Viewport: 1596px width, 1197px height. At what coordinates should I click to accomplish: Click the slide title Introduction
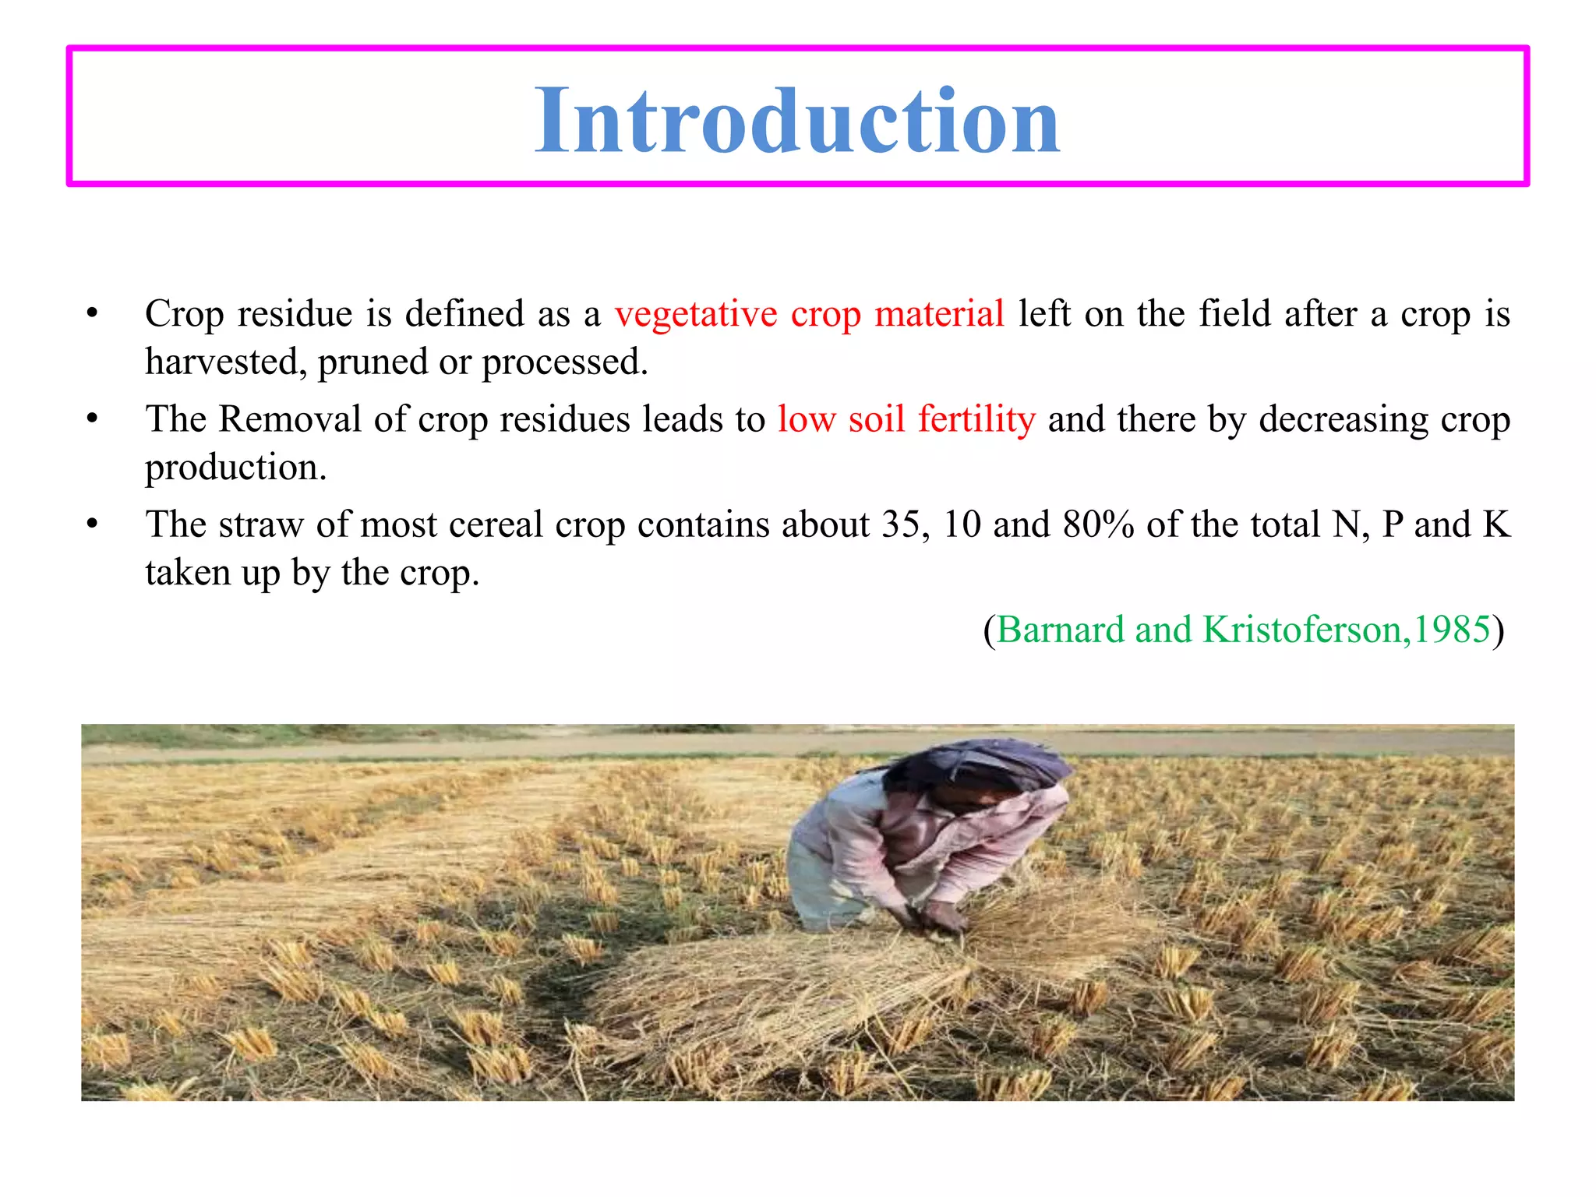tap(797, 121)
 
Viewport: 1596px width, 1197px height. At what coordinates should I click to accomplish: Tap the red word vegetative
tap(695, 314)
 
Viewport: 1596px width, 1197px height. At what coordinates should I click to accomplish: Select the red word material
tap(939, 314)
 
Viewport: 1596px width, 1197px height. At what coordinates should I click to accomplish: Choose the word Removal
tap(289, 419)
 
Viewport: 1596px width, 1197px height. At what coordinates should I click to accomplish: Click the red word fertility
tap(976, 419)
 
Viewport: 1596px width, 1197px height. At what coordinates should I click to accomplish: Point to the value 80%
tap(1098, 524)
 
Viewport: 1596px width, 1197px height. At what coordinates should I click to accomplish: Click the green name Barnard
tap(1060, 630)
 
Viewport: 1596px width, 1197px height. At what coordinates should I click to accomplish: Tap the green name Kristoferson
tap(1305, 630)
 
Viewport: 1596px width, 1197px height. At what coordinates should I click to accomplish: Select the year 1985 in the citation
tap(1452, 630)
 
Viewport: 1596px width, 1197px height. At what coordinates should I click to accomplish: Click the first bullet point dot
tap(92, 314)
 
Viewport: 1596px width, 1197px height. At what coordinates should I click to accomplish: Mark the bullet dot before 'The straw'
tap(92, 524)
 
